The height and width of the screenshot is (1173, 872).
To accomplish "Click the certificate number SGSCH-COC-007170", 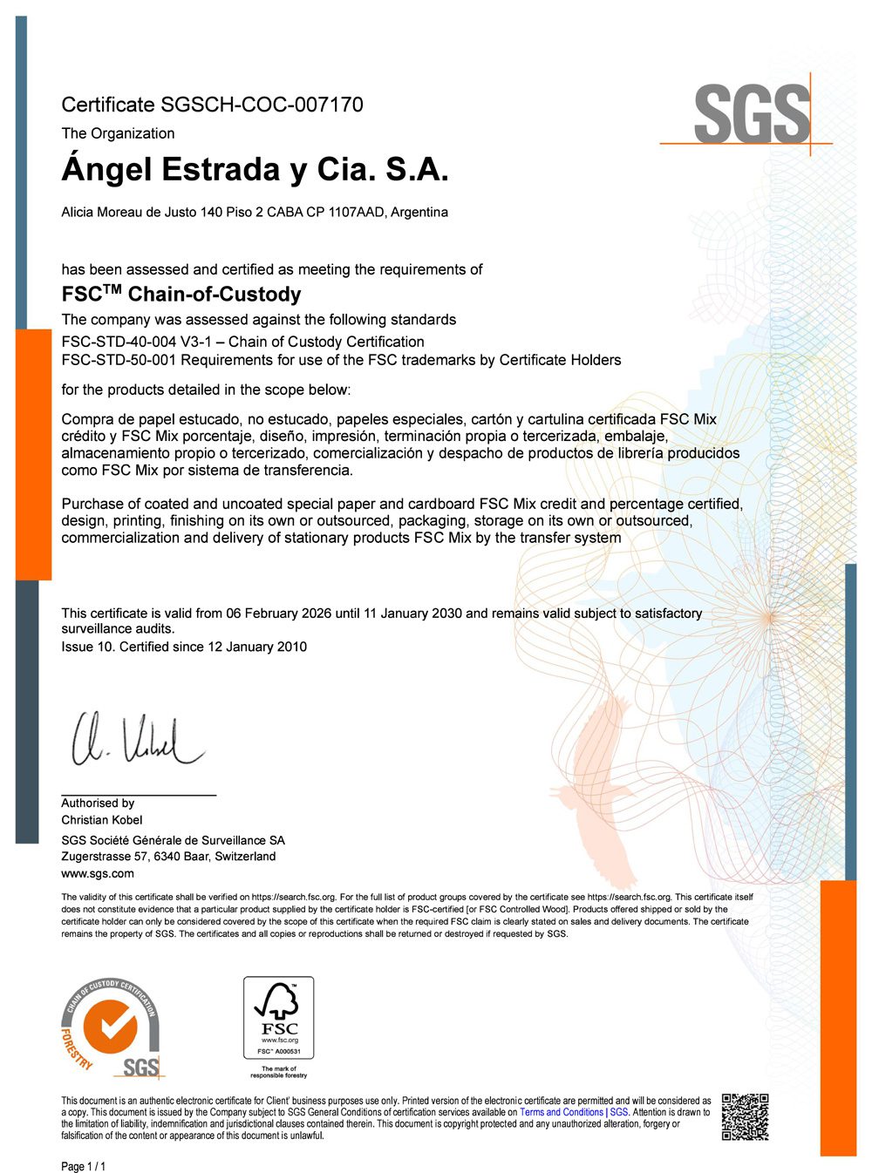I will pos(262,105).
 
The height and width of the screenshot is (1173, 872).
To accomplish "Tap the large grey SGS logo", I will pos(752,114).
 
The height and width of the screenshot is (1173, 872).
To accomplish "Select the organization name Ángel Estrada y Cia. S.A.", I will pos(255,169).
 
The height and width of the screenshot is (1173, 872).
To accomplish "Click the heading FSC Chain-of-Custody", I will pos(181,295).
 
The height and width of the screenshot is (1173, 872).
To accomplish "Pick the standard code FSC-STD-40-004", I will pos(118,342).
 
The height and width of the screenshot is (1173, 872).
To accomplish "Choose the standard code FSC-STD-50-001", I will pos(119,360).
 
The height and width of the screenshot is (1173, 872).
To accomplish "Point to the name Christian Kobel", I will pos(101,820).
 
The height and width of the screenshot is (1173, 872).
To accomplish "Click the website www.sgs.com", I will pos(98,873).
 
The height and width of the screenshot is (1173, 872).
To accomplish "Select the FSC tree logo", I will pos(278,1001).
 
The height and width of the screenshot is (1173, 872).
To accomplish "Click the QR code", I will pos(745,1116).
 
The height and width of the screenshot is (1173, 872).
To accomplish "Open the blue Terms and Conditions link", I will pos(562,1112).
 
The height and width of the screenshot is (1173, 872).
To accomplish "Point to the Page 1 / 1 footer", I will pos(83,1167).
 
